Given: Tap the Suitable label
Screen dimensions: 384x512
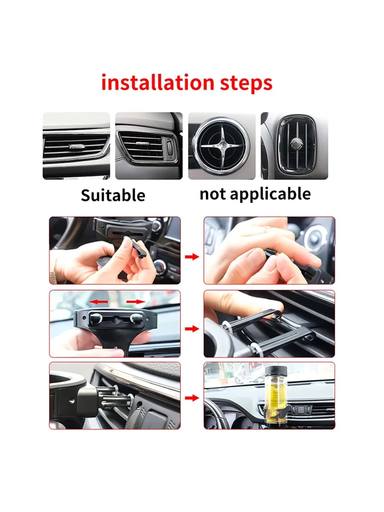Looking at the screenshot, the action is [x=113, y=195].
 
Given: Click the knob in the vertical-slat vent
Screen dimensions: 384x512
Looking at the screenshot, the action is [x=294, y=143].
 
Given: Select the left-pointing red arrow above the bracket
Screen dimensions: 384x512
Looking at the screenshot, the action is [x=98, y=301].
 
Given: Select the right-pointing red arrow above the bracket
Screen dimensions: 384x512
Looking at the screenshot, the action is [x=136, y=301].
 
